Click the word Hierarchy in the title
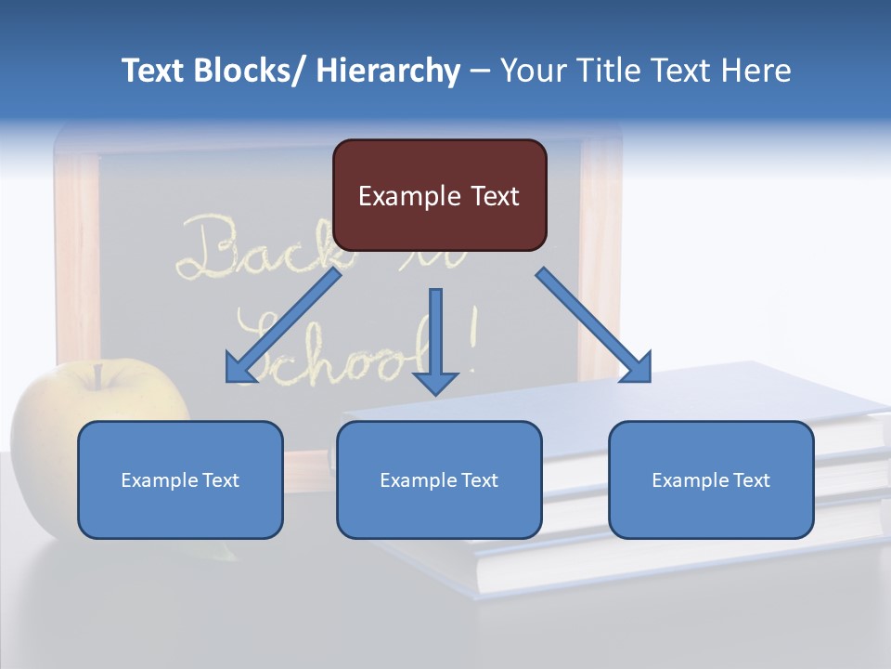[388, 71]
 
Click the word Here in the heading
[756, 71]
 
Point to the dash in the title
[480, 72]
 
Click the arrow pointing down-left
[283, 326]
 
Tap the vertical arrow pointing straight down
[435, 334]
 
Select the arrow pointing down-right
[594, 326]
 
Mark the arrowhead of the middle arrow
[435, 381]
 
